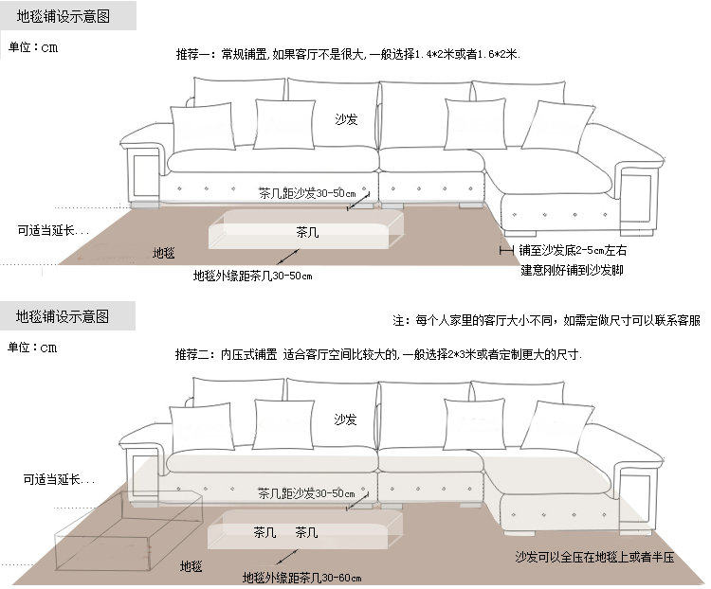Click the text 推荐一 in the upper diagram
(x=195, y=55)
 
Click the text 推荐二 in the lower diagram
(x=195, y=355)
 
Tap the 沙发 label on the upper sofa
(x=346, y=120)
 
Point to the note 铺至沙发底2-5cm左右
(x=573, y=251)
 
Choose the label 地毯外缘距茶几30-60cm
(x=301, y=578)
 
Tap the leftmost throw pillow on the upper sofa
(x=201, y=127)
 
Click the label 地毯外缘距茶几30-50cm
(x=252, y=277)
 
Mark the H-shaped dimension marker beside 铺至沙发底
(x=506, y=251)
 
